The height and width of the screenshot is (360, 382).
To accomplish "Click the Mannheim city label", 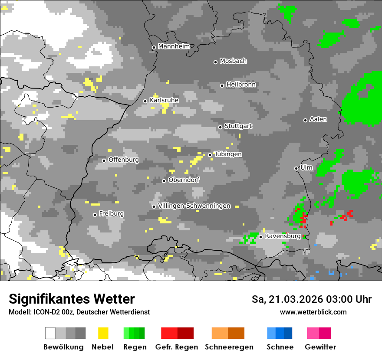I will pyautogui.click(x=173, y=46).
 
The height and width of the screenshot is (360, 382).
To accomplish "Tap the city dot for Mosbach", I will pyautogui.click(x=215, y=62).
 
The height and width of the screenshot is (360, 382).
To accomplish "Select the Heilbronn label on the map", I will pyautogui.click(x=241, y=85).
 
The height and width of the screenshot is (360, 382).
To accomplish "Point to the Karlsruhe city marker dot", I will pyautogui.click(x=145, y=101).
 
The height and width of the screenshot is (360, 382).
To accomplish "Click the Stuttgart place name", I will pyautogui.click(x=238, y=126).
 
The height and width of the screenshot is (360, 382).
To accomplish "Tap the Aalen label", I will pyautogui.click(x=318, y=119).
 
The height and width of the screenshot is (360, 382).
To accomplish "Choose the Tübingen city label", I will pyautogui.click(x=228, y=154).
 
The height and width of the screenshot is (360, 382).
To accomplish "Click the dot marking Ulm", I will pyautogui.click(x=296, y=168).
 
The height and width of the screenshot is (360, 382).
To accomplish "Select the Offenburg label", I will pyautogui.click(x=124, y=160).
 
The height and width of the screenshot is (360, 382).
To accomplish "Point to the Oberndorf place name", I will pyautogui.click(x=184, y=180).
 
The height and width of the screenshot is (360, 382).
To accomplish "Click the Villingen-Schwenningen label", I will pyautogui.click(x=194, y=206).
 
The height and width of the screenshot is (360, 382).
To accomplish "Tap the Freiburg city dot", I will pyautogui.click(x=95, y=215).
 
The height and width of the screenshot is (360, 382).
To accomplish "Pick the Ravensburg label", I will pyautogui.click(x=283, y=236).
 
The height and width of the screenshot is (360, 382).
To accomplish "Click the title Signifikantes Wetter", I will pyautogui.click(x=72, y=299).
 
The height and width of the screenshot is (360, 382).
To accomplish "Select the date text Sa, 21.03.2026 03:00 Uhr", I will pyautogui.click(x=312, y=299).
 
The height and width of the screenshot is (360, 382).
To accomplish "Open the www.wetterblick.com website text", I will pyautogui.click(x=313, y=312).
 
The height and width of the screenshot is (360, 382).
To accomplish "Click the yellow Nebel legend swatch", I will pyautogui.click(x=103, y=333).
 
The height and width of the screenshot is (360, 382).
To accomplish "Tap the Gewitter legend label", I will pyautogui.click(x=320, y=347).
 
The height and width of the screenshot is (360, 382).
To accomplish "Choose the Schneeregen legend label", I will pyautogui.click(x=229, y=347).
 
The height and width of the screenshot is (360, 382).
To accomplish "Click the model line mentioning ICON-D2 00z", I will pyautogui.click(x=79, y=312).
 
